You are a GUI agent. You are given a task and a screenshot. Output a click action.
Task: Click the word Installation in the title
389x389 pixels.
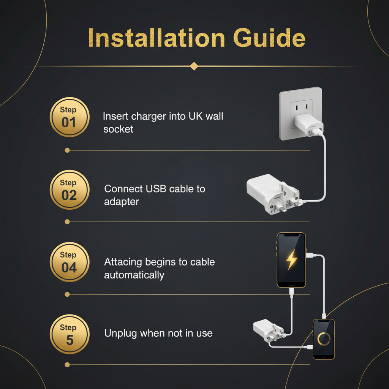pyautogui.click(x=157, y=38)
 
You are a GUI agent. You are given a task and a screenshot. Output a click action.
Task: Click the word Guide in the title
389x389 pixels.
pyautogui.click(x=269, y=38)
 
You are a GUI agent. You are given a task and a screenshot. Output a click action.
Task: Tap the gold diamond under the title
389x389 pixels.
pyautogui.click(x=194, y=66)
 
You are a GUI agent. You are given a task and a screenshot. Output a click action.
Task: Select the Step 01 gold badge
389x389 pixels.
pyautogui.click(x=70, y=117)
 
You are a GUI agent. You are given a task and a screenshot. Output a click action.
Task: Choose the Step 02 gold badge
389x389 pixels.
pyautogui.click(x=70, y=190)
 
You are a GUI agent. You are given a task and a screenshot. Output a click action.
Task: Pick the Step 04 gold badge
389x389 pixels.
pyautogui.click(x=70, y=262)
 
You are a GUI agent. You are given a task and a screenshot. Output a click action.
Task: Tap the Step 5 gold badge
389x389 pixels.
pyautogui.click(x=70, y=334)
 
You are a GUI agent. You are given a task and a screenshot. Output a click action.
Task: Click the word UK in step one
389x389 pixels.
pyautogui.click(x=196, y=116)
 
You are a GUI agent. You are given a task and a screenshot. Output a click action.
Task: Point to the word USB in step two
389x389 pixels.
pyautogui.click(x=156, y=189)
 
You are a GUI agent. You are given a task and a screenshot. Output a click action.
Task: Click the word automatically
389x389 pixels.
pyautogui.click(x=134, y=275)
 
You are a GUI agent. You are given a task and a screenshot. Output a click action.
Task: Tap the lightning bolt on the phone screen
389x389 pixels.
pyautogui.click(x=291, y=259)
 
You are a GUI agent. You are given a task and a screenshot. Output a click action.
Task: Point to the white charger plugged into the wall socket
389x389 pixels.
pyautogui.click(x=308, y=125)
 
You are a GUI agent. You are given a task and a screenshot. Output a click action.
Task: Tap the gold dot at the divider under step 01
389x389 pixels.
pyautogui.click(x=67, y=150)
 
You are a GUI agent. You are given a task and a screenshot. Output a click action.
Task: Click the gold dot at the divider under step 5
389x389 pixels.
pyautogui.click(x=67, y=365)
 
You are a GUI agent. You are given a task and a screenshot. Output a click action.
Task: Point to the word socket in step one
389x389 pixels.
pyautogui.click(x=118, y=129)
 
